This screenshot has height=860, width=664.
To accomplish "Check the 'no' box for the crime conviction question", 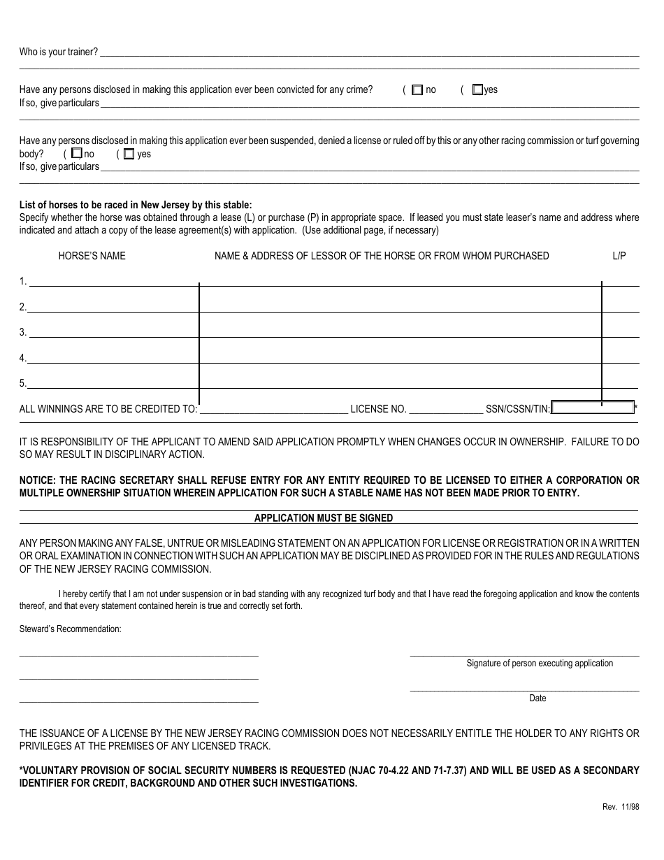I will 417,90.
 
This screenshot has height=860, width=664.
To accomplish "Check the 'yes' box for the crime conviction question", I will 477,89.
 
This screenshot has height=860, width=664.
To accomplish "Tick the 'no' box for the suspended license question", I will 77,154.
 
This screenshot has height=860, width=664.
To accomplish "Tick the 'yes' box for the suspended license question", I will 129,155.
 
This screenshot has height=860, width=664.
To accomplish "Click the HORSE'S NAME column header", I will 92,256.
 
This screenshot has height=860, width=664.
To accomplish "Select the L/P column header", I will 619,256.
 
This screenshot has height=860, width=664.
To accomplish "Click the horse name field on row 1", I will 113,281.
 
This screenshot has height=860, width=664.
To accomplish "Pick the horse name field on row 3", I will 113,332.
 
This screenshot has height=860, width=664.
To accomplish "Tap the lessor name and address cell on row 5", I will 400,382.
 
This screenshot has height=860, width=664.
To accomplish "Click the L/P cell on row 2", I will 620,306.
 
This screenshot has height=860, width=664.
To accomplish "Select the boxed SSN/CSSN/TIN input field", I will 593,408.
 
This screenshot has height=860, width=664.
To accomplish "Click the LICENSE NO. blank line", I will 445,410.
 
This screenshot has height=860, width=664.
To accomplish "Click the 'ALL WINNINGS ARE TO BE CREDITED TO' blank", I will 274,410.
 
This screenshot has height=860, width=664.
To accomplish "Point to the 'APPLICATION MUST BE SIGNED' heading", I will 324,518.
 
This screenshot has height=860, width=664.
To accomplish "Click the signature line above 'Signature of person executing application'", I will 524,655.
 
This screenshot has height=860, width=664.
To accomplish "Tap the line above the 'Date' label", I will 524,690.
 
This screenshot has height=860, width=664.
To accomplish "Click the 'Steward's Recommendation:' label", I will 70,629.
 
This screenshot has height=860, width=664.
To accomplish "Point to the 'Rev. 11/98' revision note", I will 621,807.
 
